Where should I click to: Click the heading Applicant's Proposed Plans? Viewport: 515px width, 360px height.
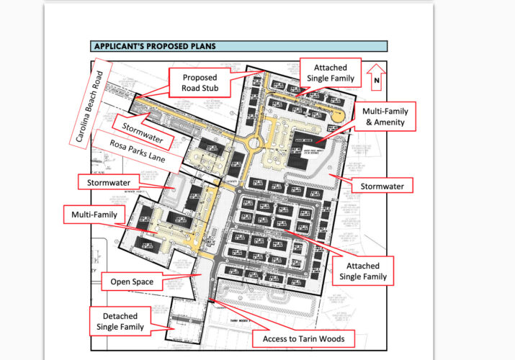coord(154,46)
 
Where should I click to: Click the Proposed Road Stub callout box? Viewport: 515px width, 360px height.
coord(199,84)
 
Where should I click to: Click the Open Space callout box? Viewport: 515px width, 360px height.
coord(131,282)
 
